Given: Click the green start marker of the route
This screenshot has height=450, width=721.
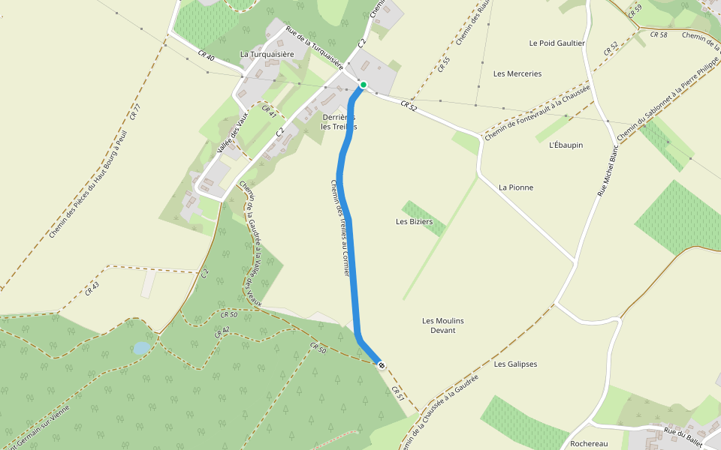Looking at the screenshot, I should coord(363,85).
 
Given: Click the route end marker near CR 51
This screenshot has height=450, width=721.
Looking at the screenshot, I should coord(382,365).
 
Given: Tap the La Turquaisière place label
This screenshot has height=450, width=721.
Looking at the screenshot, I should coord(267,54).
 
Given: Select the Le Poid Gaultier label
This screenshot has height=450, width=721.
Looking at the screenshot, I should coord(557,43).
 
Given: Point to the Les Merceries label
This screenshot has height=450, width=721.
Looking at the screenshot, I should coord(517,73).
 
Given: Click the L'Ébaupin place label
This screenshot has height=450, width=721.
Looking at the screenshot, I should coord(566,145).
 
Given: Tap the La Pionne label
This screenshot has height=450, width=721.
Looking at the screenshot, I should coord(516,187).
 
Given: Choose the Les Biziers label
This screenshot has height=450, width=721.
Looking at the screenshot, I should coord(415,221).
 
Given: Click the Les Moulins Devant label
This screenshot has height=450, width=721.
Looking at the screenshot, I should coord(443,325).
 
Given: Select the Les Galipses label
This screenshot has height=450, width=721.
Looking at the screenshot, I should coord(516,364).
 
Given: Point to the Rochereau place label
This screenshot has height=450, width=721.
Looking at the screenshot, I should coord(589,443).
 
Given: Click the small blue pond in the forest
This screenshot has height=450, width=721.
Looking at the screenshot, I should coord(141,348).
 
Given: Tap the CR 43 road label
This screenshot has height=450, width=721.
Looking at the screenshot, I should coord(92,289).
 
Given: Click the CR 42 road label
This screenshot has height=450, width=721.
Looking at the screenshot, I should coord(222,331).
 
